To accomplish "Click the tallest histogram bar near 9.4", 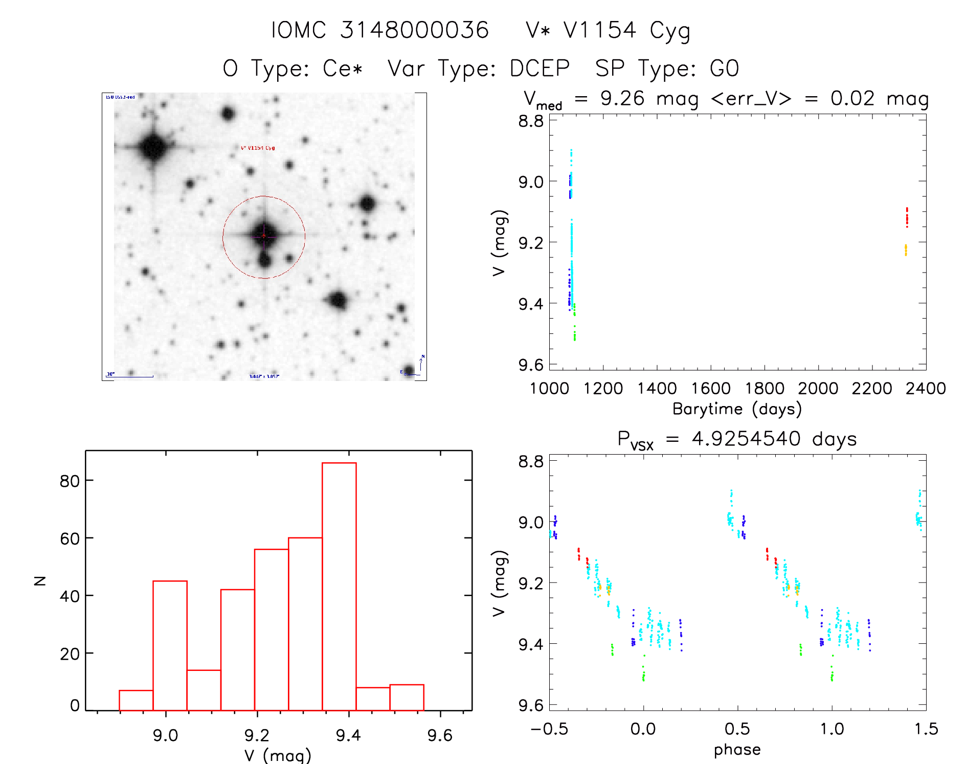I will (339, 586).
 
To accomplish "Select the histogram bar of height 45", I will (170, 645).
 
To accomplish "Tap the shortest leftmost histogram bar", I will (136, 701).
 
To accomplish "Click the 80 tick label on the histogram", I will (70, 481).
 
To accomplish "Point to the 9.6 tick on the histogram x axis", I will (440, 735).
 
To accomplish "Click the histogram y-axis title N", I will (40, 580).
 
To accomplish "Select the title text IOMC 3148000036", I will (379, 30).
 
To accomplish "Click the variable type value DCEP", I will (540, 69).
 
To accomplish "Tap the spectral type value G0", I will (724, 69).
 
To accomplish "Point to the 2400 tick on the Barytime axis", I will (926, 389).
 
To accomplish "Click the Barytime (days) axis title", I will (737, 409).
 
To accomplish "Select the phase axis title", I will (737, 750).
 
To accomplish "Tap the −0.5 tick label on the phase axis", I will (549, 729).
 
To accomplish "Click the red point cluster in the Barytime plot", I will (907, 217).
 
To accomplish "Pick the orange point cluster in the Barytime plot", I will (906, 250).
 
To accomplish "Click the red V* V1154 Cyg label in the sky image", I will (258, 148).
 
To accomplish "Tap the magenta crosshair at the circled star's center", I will (264, 236).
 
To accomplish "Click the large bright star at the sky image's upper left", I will (153, 147).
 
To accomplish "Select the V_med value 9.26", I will (622, 98).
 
